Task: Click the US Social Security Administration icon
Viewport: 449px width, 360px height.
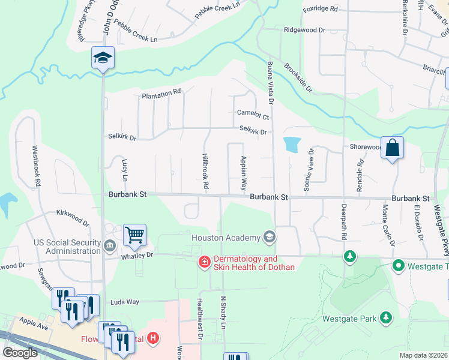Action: (110, 245)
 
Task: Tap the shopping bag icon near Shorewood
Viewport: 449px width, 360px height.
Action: (391, 147)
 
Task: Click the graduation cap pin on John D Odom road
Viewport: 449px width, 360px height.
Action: (103, 58)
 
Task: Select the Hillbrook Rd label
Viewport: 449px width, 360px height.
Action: (205, 171)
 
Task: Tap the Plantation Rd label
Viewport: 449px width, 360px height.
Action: (161, 93)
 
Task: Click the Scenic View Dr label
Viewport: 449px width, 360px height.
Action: (308, 170)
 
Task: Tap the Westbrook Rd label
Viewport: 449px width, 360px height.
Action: (36, 165)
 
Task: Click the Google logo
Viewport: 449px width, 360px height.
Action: (20, 353)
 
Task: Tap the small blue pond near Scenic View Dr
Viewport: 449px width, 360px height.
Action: (292, 144)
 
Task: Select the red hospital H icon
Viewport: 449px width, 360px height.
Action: (153, 338)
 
